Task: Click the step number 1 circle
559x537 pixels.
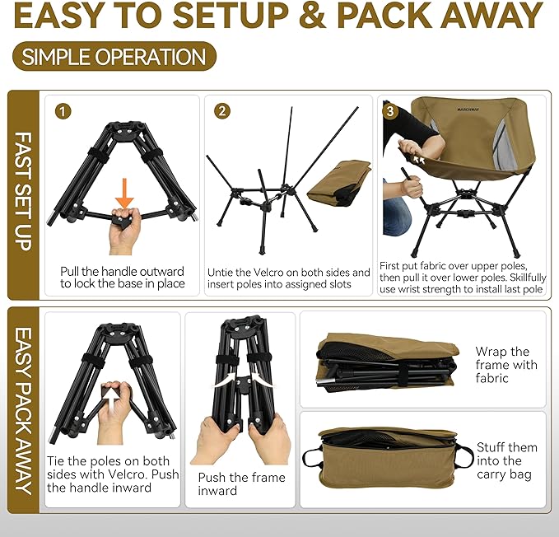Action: click(x=63, y=110)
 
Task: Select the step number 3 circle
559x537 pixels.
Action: click(x=390, y=110)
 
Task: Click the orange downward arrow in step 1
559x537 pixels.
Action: click(x=124, y=192)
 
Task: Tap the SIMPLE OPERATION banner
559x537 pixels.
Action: click(x=114, y=57)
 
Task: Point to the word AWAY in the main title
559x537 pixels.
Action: click(x=485, y=16)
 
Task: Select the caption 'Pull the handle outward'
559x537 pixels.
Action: click(x=122, y=271)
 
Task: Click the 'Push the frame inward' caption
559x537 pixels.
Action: click(x=241, y=483)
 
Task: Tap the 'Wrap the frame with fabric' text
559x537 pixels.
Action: click(x=505, y=365)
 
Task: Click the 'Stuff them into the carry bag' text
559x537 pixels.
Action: click(x=506, y=460)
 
